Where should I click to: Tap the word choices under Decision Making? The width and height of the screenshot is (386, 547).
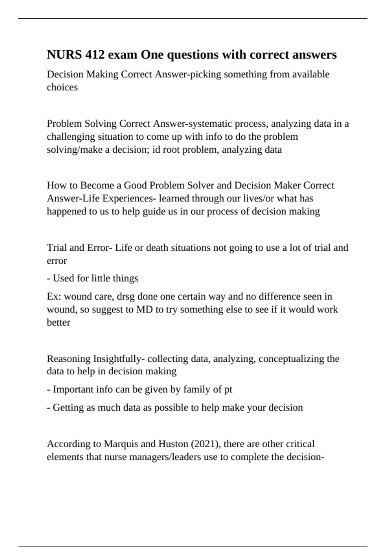[62, 87]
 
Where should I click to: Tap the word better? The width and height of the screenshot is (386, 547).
[58, 322]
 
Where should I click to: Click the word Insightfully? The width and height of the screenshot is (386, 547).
[117, 358]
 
